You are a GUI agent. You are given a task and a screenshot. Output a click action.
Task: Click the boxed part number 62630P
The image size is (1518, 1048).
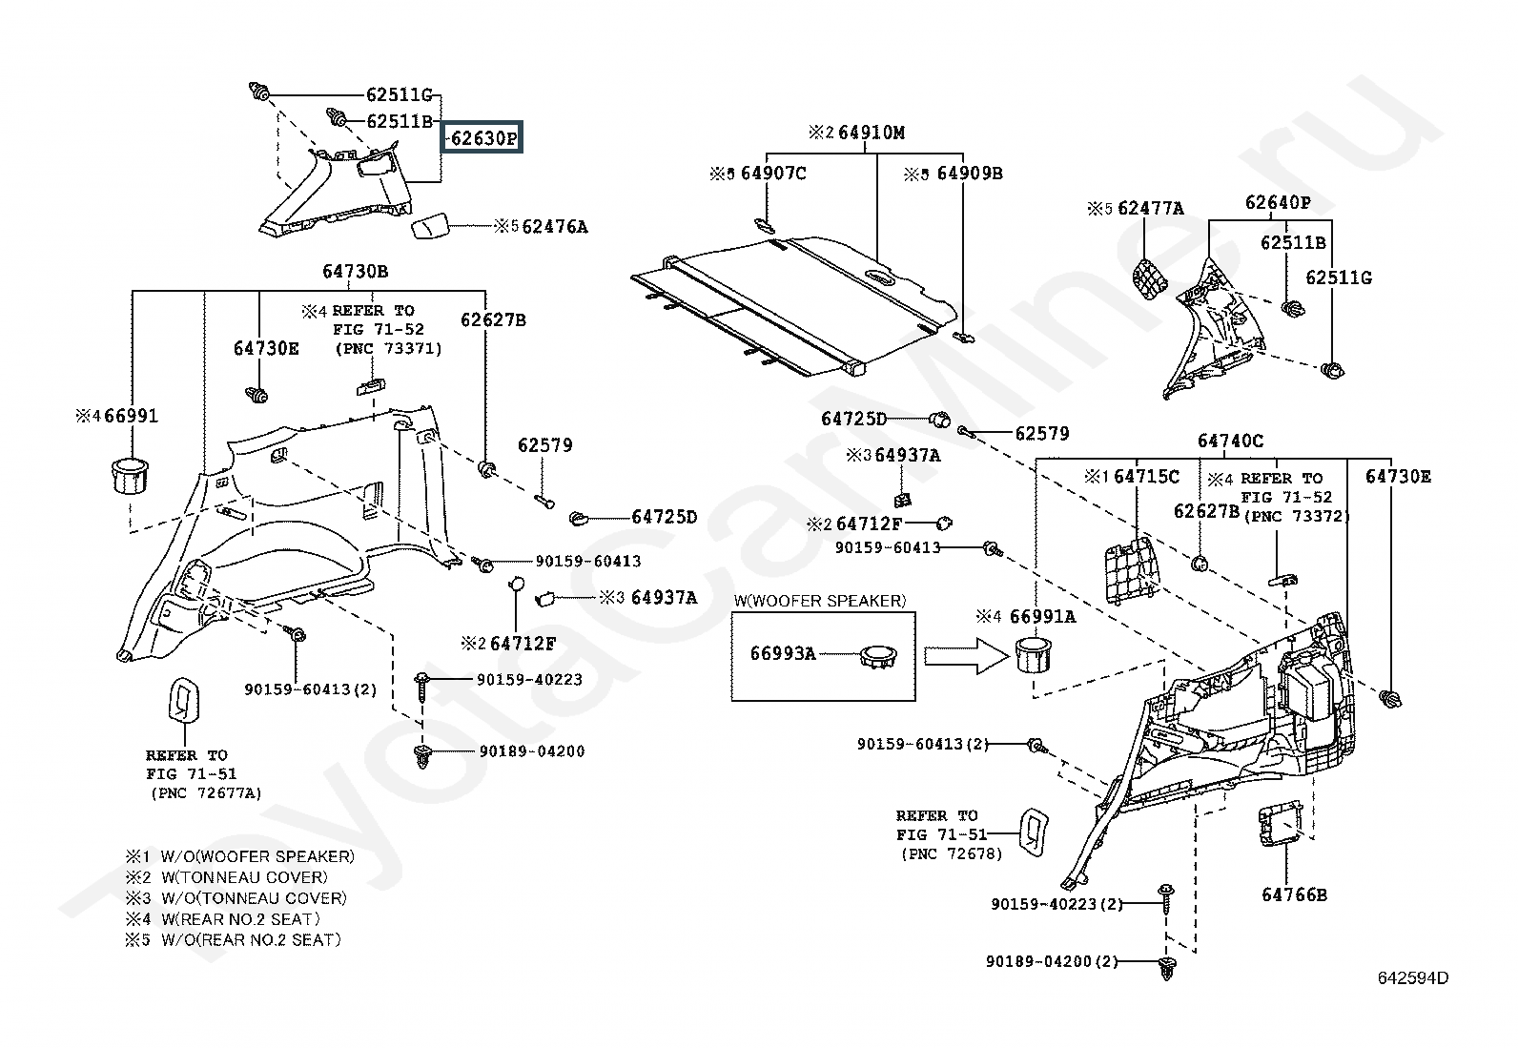click(482, 138)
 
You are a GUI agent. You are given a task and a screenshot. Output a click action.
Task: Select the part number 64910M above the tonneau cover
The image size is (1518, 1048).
click(872, 133)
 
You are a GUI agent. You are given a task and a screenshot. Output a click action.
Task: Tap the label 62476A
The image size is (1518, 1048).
click(555, 226)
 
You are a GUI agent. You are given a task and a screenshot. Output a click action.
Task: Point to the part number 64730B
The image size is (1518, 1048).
click(355, 271)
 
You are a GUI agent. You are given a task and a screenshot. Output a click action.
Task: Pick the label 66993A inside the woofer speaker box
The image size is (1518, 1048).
click(783, 653)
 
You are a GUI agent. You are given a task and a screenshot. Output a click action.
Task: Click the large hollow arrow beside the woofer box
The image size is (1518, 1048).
click(967, 655)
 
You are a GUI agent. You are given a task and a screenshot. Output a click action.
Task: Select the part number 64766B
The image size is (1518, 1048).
click(1294, 894)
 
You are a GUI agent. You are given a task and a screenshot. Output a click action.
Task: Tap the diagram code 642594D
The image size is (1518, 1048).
click(1413, 977)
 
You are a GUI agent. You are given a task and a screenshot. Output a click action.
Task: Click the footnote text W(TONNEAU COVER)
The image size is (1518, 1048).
click(245, 877)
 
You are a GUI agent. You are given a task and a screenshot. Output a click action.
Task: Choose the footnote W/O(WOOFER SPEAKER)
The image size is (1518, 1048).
click(257, 856)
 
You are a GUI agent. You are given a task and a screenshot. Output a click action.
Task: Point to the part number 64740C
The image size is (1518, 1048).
click(1230, 441)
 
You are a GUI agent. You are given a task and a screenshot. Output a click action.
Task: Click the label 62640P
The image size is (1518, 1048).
click(1278, 202)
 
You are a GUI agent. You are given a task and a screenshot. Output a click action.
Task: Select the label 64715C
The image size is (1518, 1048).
click(1147, 477)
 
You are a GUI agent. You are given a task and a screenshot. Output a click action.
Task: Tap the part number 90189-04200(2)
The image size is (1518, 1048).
click(1052, 961)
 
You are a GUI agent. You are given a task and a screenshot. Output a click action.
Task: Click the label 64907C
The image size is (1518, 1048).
click(773, 174)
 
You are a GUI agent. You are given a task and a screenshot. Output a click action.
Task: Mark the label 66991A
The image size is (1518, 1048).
click(1042, 616)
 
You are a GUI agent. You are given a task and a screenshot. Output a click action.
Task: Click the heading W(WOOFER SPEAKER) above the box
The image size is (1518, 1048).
click(820, 601)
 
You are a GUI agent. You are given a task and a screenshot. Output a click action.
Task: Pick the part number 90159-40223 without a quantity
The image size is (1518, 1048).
click(529, 679)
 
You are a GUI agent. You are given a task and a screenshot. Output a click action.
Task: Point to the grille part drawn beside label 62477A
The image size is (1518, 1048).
click(1150, 278)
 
